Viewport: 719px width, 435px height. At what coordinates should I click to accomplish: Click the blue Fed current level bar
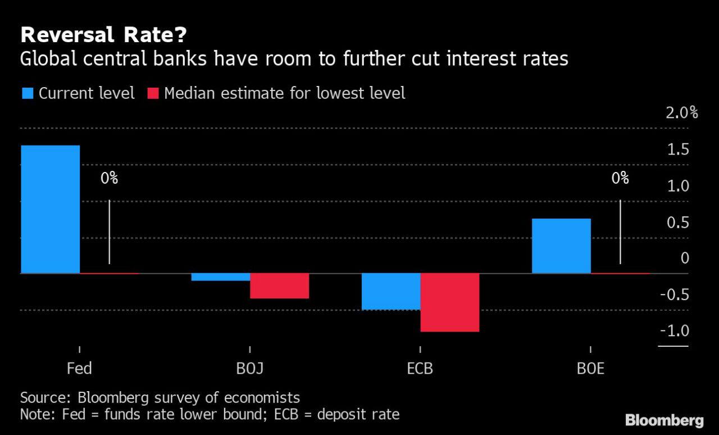(x=51, y=210)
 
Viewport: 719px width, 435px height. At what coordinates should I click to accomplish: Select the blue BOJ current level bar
(x=221, y=277)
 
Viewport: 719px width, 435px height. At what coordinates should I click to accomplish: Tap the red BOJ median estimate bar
(x=280, y=286)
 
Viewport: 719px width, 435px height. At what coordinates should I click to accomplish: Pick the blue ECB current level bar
(x=391, y=292)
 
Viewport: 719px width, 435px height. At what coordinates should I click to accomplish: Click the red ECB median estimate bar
(x=450, y=302)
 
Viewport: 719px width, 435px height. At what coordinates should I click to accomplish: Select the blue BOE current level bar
(x=561, y=246)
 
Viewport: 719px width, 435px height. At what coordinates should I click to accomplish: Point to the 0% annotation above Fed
(x=109, y=178)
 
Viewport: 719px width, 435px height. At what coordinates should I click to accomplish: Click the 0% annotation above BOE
(x=620, y=178)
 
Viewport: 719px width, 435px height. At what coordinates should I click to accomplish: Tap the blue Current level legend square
(x=28, y=93)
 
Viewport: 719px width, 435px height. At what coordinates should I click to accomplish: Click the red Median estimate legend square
(x=153, y=93)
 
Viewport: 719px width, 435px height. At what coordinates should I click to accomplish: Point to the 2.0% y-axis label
(x=682, y=113)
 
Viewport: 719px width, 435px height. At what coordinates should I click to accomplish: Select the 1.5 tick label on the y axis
(x=678, y=149)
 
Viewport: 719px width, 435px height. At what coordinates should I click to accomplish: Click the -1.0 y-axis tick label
(x=675, y=331)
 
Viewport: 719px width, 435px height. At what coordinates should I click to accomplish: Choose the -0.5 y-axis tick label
(x=675, y=294)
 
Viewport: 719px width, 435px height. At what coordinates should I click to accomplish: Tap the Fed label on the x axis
(x=79, y=368)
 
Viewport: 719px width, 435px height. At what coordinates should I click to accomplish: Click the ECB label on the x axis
(x=420, y=368)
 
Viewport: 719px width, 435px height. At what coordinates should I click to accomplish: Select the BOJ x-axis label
(x=250, y=369)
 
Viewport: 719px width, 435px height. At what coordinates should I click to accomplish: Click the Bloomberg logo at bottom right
(x=665, y=421)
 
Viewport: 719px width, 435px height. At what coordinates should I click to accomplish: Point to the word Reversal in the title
(x=67, y=35)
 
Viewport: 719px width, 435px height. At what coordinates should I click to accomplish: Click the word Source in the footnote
(x=45, y=398)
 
